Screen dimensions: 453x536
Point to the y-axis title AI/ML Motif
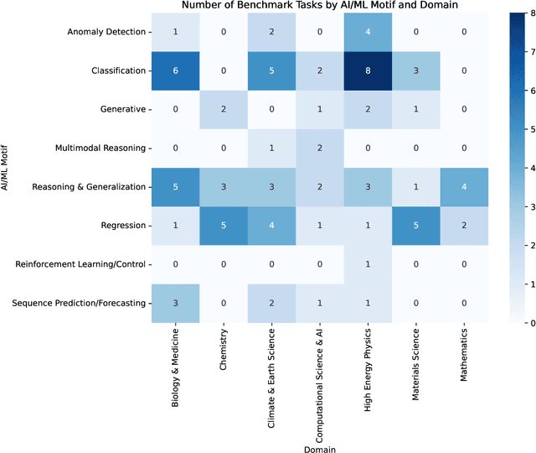[x=8, y=168]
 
